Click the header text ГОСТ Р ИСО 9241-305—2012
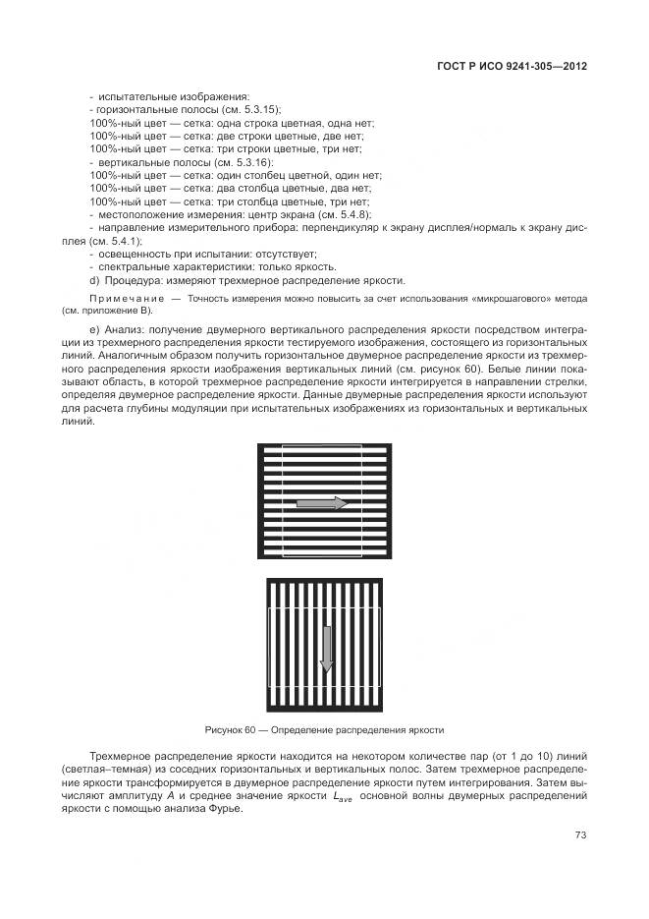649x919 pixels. click(517, 67)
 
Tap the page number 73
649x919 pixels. click(580, 835)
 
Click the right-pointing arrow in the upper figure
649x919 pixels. click(321, 503)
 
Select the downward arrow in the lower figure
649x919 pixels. click(327, 649)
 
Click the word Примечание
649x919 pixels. click(128, 296)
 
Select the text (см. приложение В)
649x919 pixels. click(107, 309)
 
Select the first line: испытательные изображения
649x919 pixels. click(158, 96)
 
